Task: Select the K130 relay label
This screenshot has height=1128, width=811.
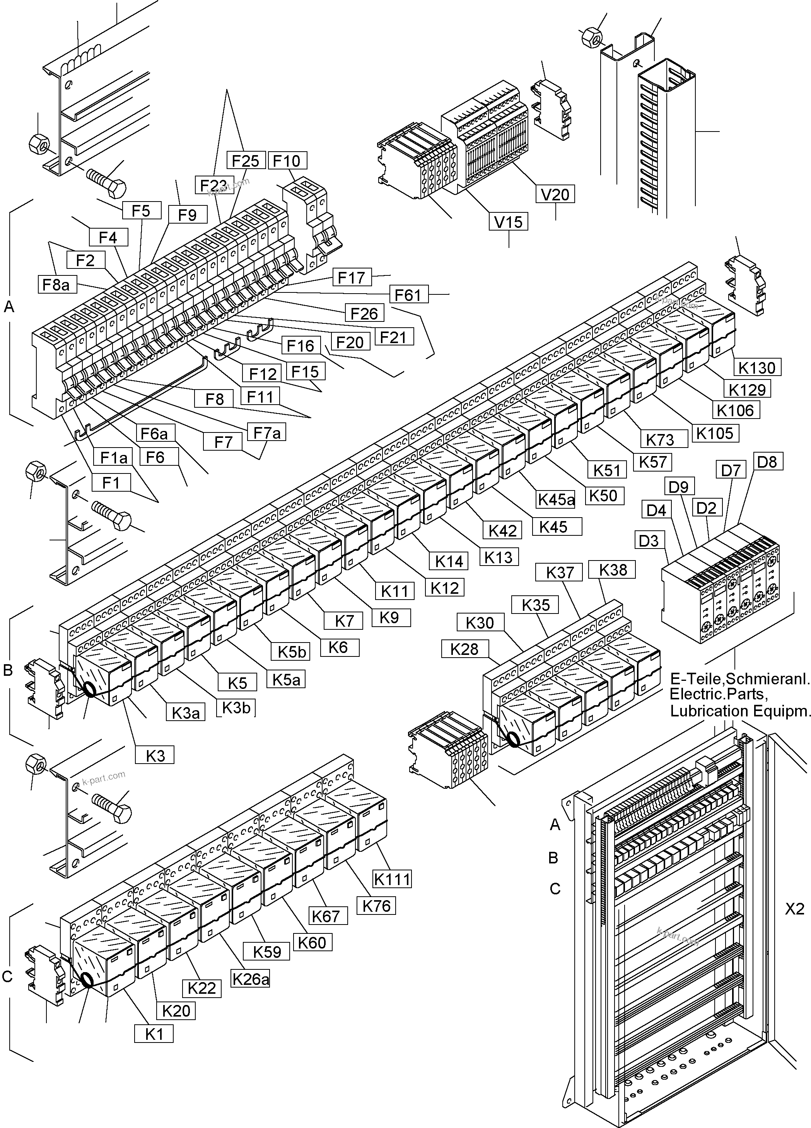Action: pos(757,367)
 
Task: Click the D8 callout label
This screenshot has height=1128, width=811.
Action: pos(767,461)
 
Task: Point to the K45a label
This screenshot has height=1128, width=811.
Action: pos(556,499)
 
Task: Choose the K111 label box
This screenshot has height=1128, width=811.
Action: pos(392,879)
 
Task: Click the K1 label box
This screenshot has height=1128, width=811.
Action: pos(154,1034)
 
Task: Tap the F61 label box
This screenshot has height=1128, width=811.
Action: pos(408,295)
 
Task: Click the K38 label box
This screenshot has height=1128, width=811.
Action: pos(613,570)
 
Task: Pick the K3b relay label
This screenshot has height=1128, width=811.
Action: pos(236,707)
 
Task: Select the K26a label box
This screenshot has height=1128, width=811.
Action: pos(251,979)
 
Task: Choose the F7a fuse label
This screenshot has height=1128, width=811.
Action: pos(267,433)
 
